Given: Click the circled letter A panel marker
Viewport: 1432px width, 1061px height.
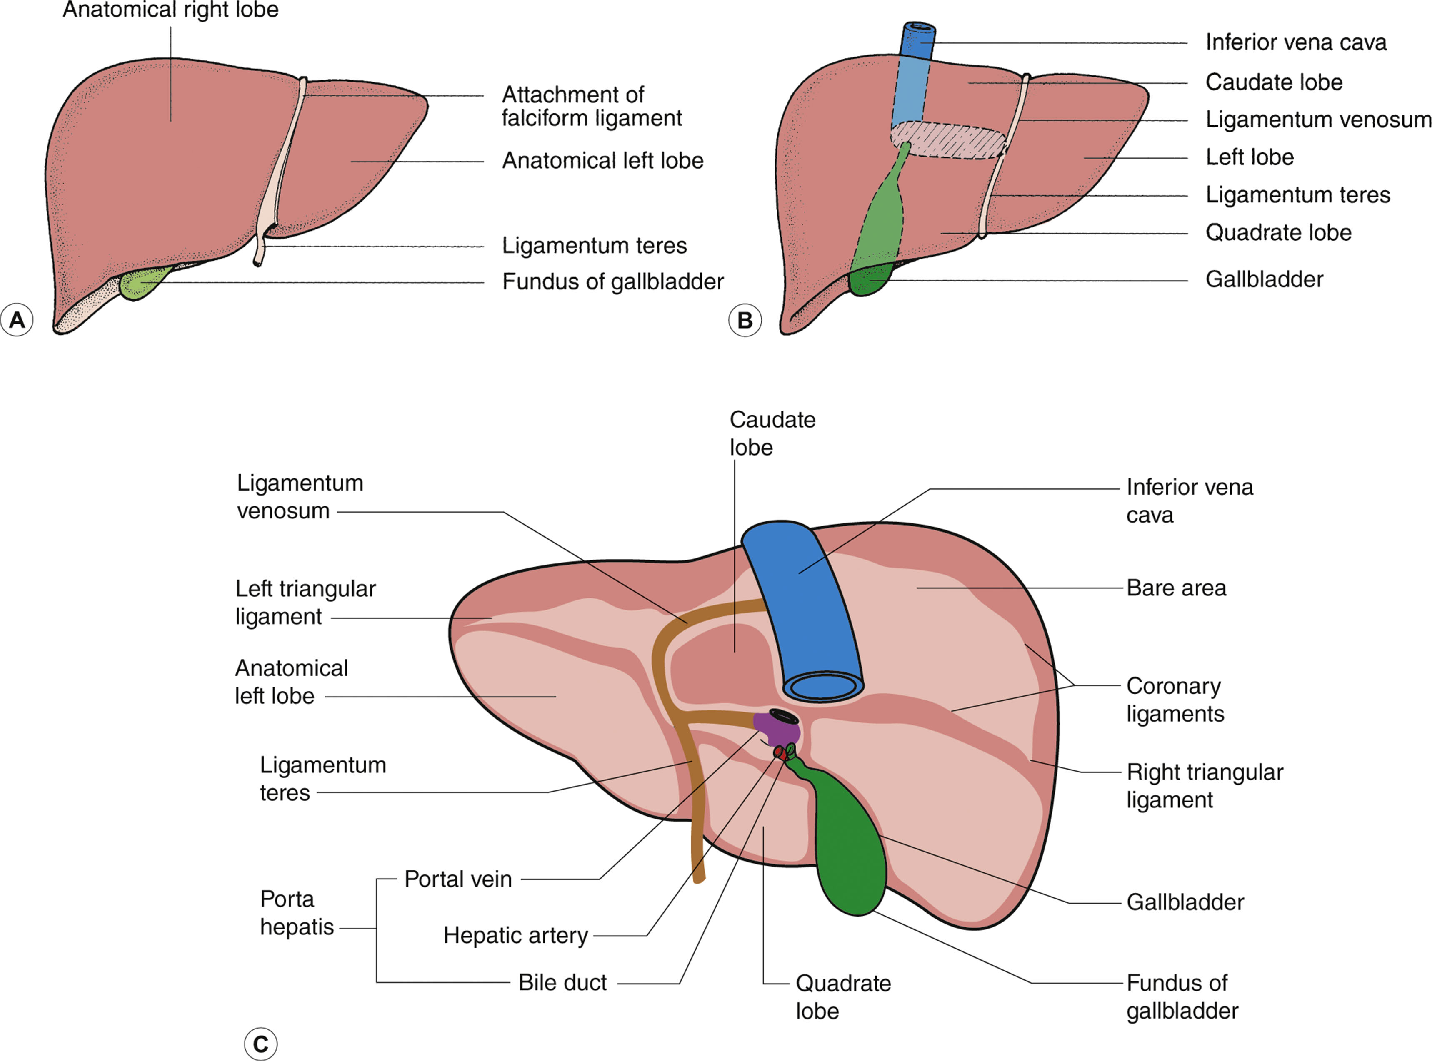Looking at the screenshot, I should tap(17, 319).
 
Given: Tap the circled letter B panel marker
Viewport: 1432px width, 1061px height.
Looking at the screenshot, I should tap(745, 320).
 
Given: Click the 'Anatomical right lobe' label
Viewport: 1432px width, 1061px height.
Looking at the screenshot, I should tap(170, 10).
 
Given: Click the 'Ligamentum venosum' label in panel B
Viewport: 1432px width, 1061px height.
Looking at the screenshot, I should tap(1318, 120).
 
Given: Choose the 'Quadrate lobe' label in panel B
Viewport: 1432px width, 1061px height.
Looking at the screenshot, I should tap(1278, 232).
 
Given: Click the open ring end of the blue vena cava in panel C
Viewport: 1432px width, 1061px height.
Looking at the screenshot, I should tap(823, 686).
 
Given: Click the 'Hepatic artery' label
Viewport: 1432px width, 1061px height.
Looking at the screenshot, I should tap(515, 936).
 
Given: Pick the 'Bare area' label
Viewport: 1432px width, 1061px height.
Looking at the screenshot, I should tap(1176, 588).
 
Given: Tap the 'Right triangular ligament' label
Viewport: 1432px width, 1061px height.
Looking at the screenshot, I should tap(1204, 785).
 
